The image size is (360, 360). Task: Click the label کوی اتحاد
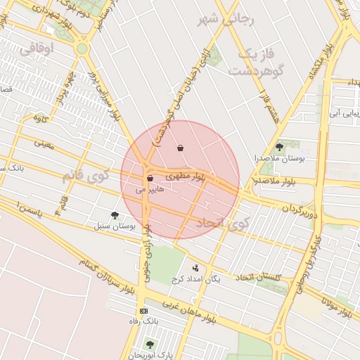[x=221, y=224]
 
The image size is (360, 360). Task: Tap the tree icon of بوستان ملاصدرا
[x=280, y=147]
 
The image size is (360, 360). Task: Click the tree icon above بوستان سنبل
[x=115, y=215]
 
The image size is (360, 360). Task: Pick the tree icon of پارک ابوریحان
[x=149, y=344]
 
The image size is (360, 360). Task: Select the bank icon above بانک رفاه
[x=144, y=311]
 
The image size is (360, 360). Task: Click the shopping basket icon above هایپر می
[x=150, y=179]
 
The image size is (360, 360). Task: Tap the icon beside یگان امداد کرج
[x=195, y=267]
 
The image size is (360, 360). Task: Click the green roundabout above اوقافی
[x=82, y=49]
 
